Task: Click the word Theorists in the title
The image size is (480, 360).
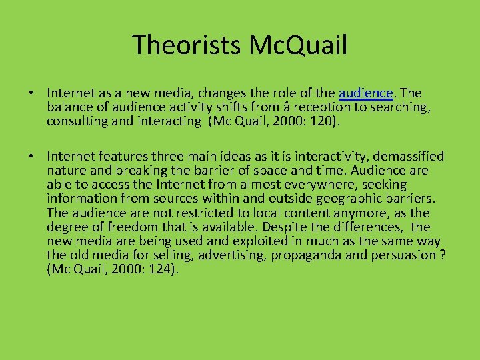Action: pos(177,45)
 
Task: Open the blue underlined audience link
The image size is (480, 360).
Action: pos(365,93)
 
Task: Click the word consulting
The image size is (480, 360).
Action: pos(77,121)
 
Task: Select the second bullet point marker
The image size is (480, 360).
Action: pos(33,157)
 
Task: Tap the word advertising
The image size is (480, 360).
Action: pos(218,256)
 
